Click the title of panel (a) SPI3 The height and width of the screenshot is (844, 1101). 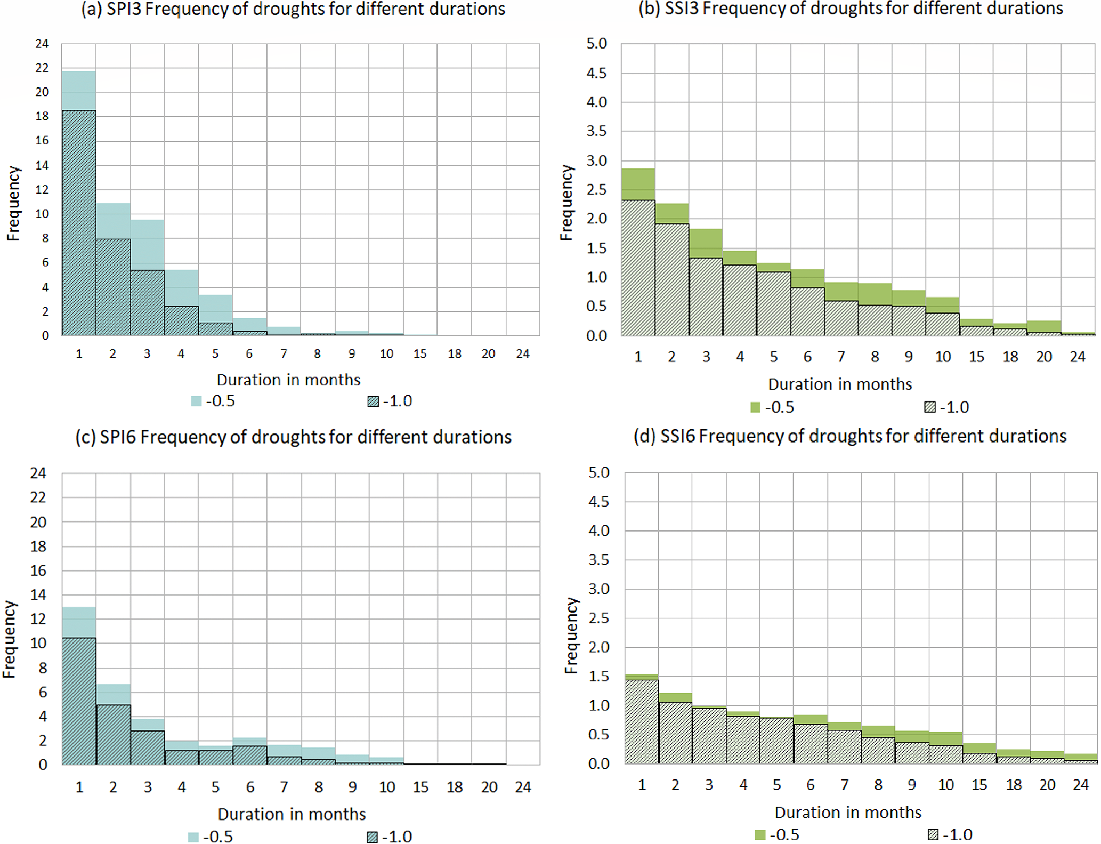pyautogui.click(x=293, y=9)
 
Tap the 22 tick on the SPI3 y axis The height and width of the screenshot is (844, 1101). pyautogui.click(x=42, y=68)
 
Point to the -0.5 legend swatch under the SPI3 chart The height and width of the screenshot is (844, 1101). pyautogui.click(x=197, y=401)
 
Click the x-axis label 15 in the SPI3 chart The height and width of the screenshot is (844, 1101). pyautogui.click(x=420, y=354)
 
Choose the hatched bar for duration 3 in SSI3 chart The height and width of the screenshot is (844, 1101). pyautogui.click(x=706, y=296)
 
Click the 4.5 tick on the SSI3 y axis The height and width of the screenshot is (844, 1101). pyautogui.click(x=596, y=73)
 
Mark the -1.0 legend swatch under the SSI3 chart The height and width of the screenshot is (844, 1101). pyautogui.click(x=930, y=408)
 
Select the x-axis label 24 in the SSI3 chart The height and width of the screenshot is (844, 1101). pyautogui.click(x=1078, y=357)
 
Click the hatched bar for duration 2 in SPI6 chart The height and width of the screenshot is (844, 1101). pyautogui.click(x=113, y=735)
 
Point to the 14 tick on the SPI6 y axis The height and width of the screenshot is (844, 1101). pyautogui.click(x=38, y=594)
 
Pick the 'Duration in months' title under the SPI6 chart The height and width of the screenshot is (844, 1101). pyautogui.click(x=292, y=814)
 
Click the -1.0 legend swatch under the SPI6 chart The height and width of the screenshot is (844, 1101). pyautogui.click(x=373, y=837)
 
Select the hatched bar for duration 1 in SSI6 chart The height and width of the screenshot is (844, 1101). pyautogui.click(x=642, y=721)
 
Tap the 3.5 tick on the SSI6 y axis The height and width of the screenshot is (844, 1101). pyautogui.click(x=598, y=560)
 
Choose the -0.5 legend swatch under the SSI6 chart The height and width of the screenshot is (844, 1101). pyautogui.click(x=760, y=835)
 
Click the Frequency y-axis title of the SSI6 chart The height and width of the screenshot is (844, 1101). pyautogui.click(x=571, y=636)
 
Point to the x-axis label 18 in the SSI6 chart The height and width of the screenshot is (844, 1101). pyautogui.click(x=1014, y=785)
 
